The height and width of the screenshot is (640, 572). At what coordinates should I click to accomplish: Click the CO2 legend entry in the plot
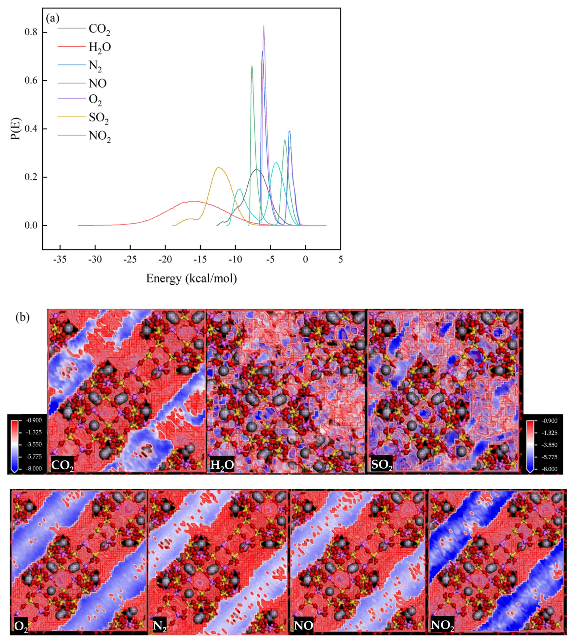click(x=99, y=29)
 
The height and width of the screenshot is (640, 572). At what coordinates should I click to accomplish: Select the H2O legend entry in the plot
click(x=100, y=47)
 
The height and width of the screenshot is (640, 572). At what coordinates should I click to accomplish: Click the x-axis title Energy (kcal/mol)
click(x=191, y=278)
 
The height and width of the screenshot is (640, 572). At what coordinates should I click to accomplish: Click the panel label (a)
click(x=53, y=18)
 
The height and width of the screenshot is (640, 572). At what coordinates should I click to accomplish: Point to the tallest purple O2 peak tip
click(x=264, y=26)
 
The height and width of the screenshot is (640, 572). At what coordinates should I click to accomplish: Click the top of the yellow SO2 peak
click(x=219, y=168)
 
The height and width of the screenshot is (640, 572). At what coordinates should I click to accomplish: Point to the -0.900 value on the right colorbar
click(x=550, y=421)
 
